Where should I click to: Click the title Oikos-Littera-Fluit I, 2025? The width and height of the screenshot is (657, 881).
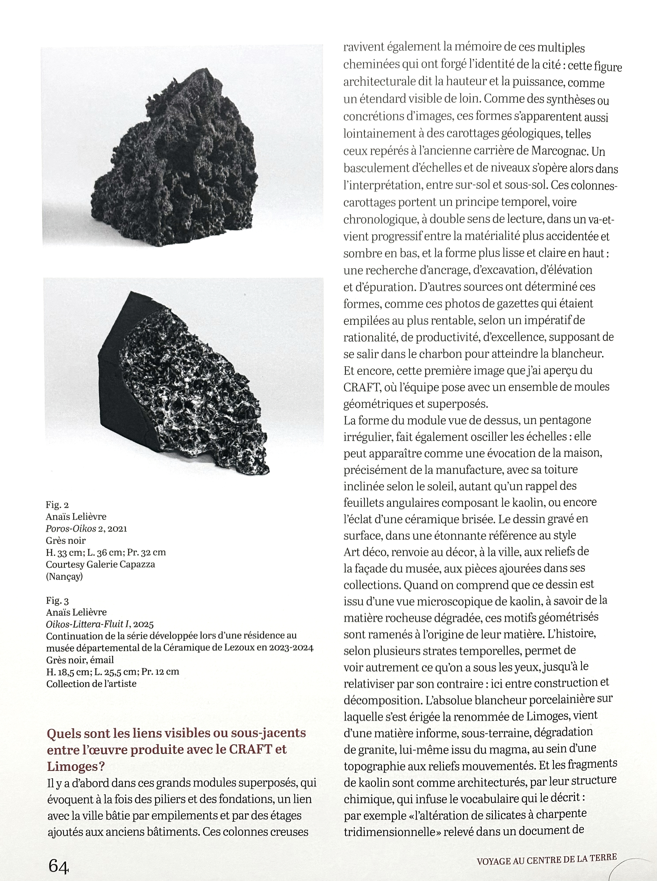(99, 625)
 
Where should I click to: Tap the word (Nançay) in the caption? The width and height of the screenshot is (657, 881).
(64, 576)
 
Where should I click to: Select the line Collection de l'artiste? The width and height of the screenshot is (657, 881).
(91, 684)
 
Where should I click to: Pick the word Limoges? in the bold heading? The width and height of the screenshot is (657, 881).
(75, 766)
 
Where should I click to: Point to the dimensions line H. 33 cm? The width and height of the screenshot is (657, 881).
(106, 552)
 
